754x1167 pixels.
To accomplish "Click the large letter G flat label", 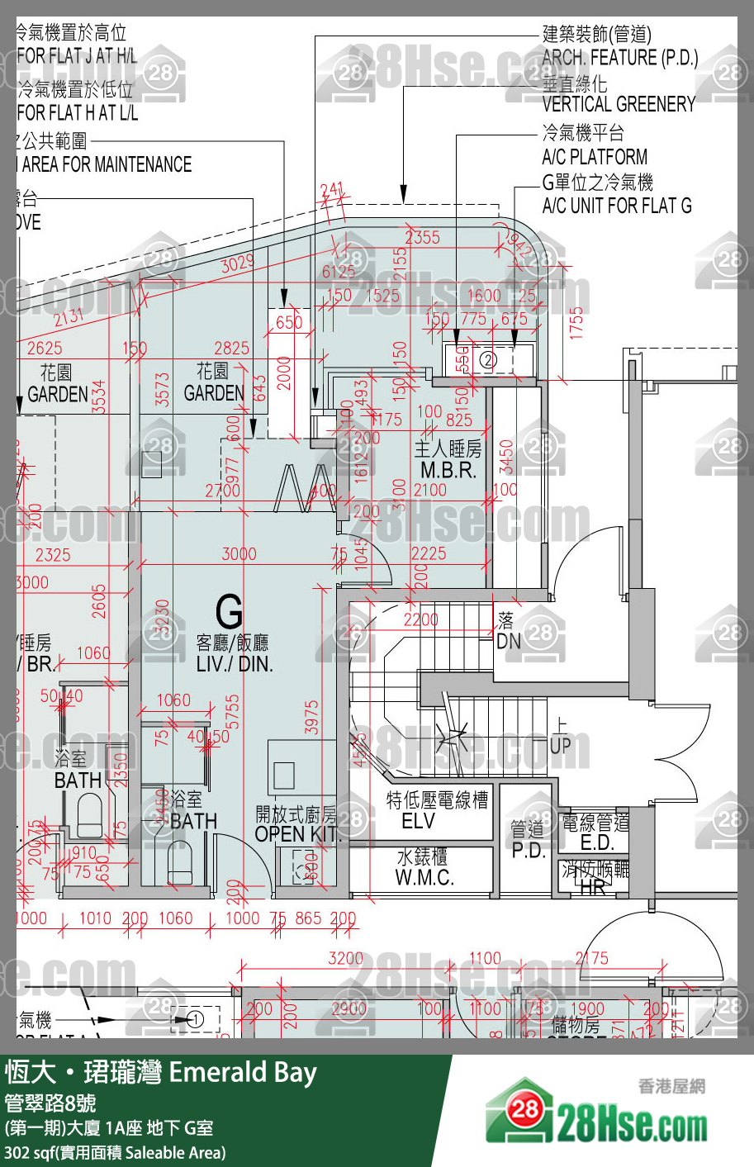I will coord(229,612).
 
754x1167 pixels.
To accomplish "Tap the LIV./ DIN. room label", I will coord(234,663).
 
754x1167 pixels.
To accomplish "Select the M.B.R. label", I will coord(448,470).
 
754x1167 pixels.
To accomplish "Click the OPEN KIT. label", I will coord(296,834).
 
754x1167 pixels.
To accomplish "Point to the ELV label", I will coord(418,821).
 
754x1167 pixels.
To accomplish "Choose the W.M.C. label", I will coord(424,877).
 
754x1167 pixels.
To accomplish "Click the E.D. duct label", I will coord(596,842).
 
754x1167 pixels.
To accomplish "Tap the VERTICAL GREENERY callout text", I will coord(619,104).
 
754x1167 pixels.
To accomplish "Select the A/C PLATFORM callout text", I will coord(595,157).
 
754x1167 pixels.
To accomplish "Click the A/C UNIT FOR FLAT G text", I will coord(617,206).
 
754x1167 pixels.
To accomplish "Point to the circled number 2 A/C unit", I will coord(487,360).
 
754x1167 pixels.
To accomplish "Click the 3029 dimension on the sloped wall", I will coord(237,265).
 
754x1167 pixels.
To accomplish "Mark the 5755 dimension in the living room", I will coord(234,711).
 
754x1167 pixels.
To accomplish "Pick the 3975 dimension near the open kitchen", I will coord(311,717).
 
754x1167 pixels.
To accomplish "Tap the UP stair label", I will coord(561,745).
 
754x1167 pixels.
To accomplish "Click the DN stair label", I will coord(508,640).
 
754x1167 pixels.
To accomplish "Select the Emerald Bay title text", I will coord(243,1072).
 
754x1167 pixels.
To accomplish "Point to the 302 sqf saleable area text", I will coord(115,1152).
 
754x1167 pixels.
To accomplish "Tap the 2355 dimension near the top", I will coord(422,237).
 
